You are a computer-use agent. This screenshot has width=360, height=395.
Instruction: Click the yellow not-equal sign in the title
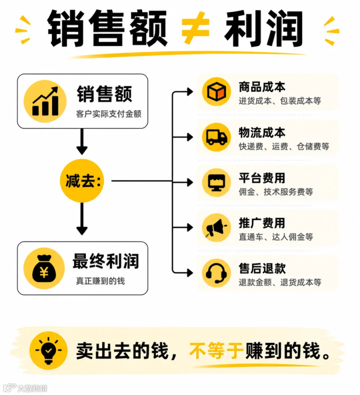(195, 27)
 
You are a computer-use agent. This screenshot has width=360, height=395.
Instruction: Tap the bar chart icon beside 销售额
(45, 101)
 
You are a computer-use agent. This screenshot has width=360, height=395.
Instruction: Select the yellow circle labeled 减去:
(82, 181)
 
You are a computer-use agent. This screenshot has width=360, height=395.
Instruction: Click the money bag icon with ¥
(44, 269)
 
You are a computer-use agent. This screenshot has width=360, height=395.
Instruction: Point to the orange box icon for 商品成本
(216, 92)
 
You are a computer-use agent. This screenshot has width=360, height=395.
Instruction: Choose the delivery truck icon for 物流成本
(216, 137)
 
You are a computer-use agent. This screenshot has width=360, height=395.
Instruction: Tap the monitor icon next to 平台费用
(216, 182)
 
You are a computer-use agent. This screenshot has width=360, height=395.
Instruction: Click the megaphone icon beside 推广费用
(216, 228)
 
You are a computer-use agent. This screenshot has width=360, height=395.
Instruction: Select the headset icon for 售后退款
(216, 273)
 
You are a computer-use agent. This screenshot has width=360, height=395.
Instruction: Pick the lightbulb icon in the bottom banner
(48, 351)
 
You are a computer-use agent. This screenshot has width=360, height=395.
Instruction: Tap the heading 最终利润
(106, 261)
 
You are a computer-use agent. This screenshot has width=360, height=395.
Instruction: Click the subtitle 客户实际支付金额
(109, 114)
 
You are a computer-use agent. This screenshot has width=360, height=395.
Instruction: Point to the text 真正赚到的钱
(100, 281)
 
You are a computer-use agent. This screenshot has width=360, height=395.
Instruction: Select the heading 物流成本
(262, 132)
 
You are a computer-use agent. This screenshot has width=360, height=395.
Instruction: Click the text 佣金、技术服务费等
(276, 192)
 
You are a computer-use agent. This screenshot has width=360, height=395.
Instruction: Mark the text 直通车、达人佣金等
(276, 237)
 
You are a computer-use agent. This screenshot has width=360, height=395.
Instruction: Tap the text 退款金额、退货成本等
(280, 282)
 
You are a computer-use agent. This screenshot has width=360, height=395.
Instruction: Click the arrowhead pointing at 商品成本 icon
(190, 92)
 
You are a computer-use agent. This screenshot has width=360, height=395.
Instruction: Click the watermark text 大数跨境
(32, 388)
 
